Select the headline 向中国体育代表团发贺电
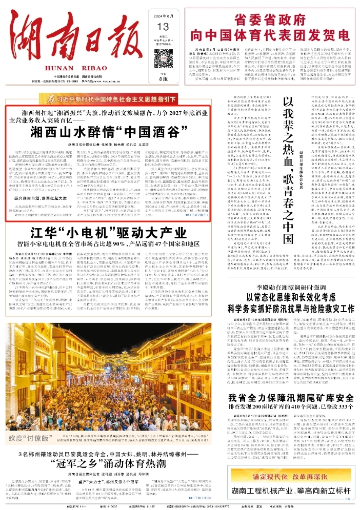[x=262, y=36]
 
